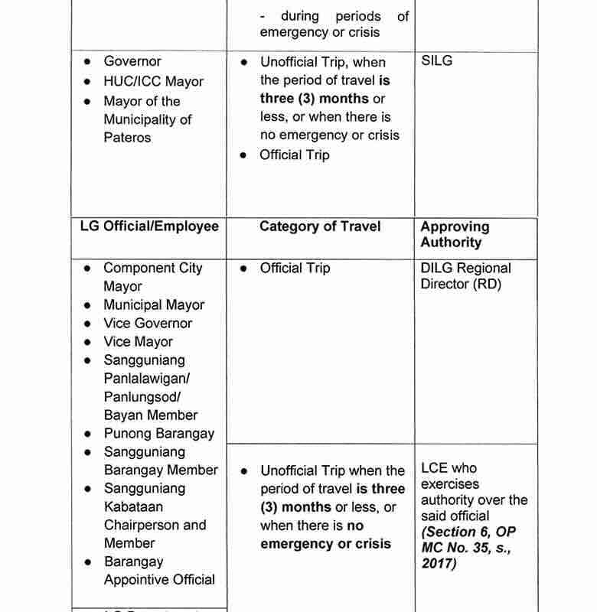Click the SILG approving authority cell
pos(436,61)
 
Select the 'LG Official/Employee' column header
pos(149,226)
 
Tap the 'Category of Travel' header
pos(320,226)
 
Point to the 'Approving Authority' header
pos(455,234)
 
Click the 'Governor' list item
pos(132,61)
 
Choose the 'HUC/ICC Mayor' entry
pos(153,81)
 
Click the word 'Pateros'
pos(128,138)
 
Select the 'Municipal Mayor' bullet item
pos(154,304)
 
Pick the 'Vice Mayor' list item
pos(138,341)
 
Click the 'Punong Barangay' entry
pos(158,433)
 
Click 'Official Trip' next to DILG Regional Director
pos(295,269)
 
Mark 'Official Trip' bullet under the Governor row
pos(295,155)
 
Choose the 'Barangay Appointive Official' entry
pos(159,571)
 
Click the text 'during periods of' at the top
pos(344,15)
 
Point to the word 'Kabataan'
pos(133,506)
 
